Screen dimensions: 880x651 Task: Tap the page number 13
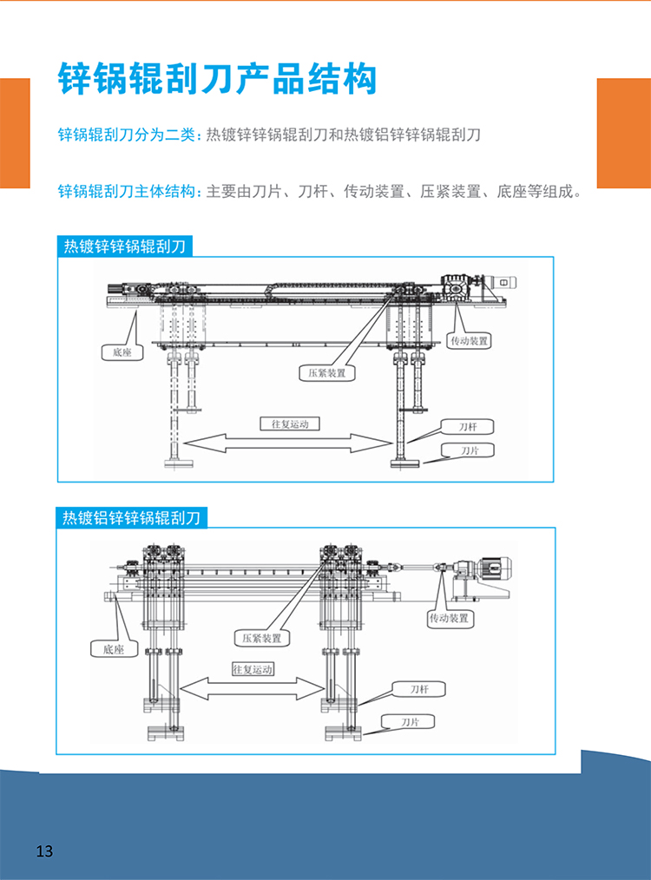tap(44, 850)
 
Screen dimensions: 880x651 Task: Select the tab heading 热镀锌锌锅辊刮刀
tap(124, 246)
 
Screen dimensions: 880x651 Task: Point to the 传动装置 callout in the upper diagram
tap(469, 341)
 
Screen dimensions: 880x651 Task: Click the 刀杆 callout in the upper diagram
tap(468, 426)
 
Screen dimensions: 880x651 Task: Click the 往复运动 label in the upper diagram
tap(289, 424)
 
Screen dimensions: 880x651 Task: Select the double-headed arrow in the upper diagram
tap(287, 442)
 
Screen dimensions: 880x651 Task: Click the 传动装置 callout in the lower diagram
tap(448, 619)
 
